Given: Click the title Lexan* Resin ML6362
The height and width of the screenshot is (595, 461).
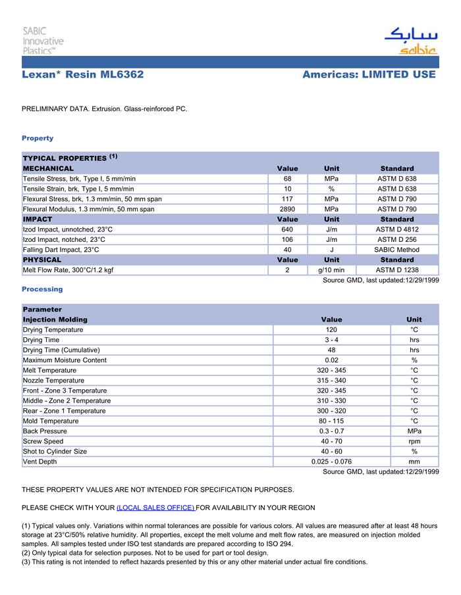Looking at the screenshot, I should [83, 74].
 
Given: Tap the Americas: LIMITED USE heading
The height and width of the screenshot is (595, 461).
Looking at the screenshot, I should [369, 74].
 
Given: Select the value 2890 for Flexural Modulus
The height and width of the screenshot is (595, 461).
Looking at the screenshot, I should [288, 209].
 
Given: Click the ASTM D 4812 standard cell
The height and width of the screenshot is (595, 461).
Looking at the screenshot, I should [397, 229].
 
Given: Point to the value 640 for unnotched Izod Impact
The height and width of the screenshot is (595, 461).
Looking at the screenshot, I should [288, 229].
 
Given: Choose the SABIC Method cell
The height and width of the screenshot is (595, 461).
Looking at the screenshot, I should [397, 250].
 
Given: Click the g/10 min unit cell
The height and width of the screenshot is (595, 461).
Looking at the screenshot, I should [331, 270].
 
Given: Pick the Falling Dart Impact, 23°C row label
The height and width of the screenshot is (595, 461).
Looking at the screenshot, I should [61, 250].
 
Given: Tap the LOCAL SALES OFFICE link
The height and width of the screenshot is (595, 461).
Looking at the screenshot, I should [155, 508].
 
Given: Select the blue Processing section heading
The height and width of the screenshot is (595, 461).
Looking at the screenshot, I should [42, 289].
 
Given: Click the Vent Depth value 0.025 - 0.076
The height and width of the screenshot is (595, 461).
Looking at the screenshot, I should [331, 462].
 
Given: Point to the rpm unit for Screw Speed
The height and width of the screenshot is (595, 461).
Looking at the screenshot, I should [414, 441].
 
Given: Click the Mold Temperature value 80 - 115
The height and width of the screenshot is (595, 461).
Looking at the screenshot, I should [331, 421].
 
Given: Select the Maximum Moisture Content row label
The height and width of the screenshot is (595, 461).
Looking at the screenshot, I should [65, 360].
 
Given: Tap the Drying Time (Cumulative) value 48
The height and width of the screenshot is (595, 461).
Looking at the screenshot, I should [331, 350].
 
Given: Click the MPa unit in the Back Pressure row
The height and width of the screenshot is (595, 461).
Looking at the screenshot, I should [414, 431].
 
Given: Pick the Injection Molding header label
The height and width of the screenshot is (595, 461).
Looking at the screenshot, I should [55, 320].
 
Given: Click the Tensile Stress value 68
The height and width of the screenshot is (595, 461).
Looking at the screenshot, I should [288, 179].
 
